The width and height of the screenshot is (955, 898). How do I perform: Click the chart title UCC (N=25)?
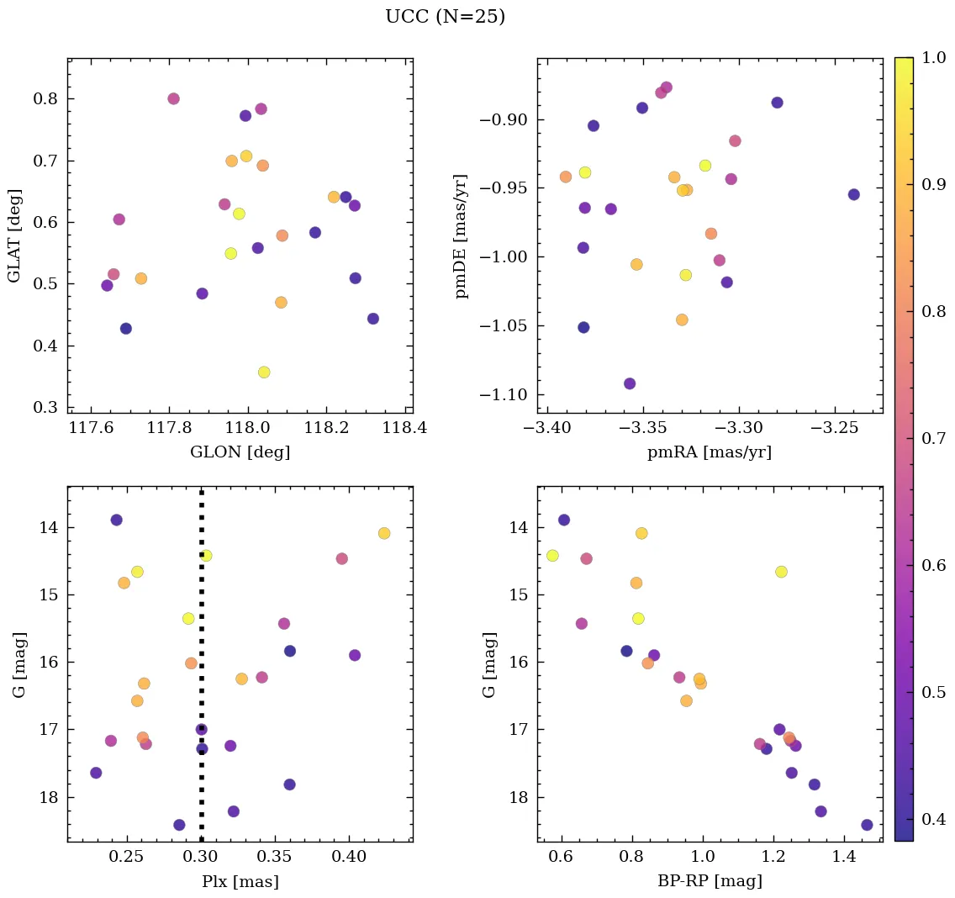click(445, 17)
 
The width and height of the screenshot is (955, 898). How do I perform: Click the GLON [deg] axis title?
click(240, 452)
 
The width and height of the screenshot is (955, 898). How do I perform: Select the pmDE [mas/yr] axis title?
click(462, 236)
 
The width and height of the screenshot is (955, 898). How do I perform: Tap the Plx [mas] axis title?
click(240, 882)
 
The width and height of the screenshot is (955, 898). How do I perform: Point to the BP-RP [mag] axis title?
click(710, 882)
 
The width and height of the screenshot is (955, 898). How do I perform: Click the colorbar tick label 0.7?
click(934, 438)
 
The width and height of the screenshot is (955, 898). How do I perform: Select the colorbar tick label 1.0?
click(934, 57)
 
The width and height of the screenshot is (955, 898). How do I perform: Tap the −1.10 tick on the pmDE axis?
click(503, 395)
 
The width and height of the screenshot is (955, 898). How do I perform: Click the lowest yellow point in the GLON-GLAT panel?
click(264, 372)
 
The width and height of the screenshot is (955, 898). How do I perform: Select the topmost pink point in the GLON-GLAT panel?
click(174, 98)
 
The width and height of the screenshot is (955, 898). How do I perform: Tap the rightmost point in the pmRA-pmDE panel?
click(853, 194)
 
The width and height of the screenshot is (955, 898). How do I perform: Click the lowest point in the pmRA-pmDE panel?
click(630, 383)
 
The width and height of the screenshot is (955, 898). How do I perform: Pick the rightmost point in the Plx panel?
click(384, 533)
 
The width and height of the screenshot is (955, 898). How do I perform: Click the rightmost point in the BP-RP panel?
click(867, 825)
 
